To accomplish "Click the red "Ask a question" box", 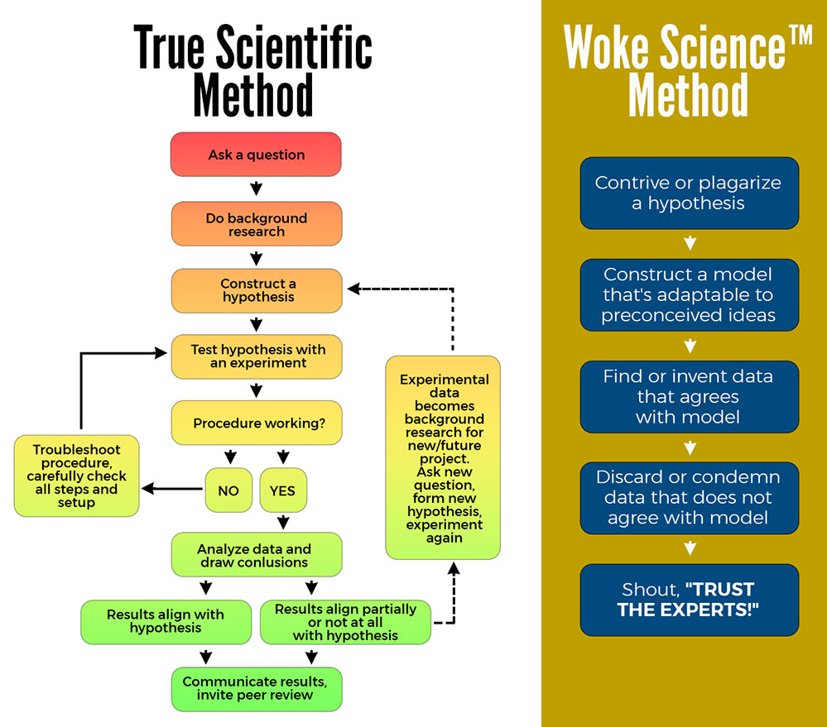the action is [x=256, y=154].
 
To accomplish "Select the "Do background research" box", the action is [x=256, y=224].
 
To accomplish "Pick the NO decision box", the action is [x=228, y=490].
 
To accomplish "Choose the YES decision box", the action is [x=282, y=490].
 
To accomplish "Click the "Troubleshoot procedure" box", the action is [x=76, y=476].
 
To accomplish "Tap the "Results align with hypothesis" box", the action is [x=165, y=621].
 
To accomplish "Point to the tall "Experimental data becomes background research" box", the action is [x=443, y=457].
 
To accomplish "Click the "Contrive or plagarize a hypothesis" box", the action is [x=689, y=193].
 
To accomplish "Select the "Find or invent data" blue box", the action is [x=689, y=396].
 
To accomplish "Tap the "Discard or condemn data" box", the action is [x=689, y=498].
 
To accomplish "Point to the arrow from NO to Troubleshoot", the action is [x=172, y=490].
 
